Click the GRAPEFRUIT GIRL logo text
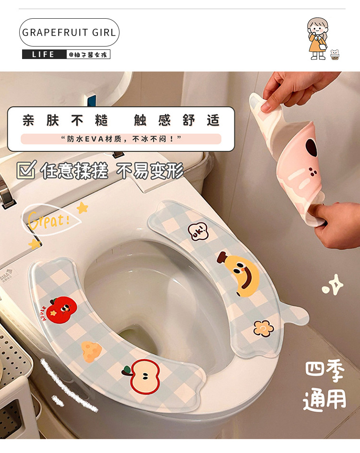tap(69, 33)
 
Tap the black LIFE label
tap(44, 54)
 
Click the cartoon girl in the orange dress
tap(317, 39)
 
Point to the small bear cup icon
tap(335, 55)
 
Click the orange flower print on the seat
tap(264, 328)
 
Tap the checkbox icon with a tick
tap(26, 170)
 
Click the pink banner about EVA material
tap(121, 139)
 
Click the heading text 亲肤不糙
tap(65, 120)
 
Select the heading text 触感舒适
tap(176, 120)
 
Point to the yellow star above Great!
tap(83, 207)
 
